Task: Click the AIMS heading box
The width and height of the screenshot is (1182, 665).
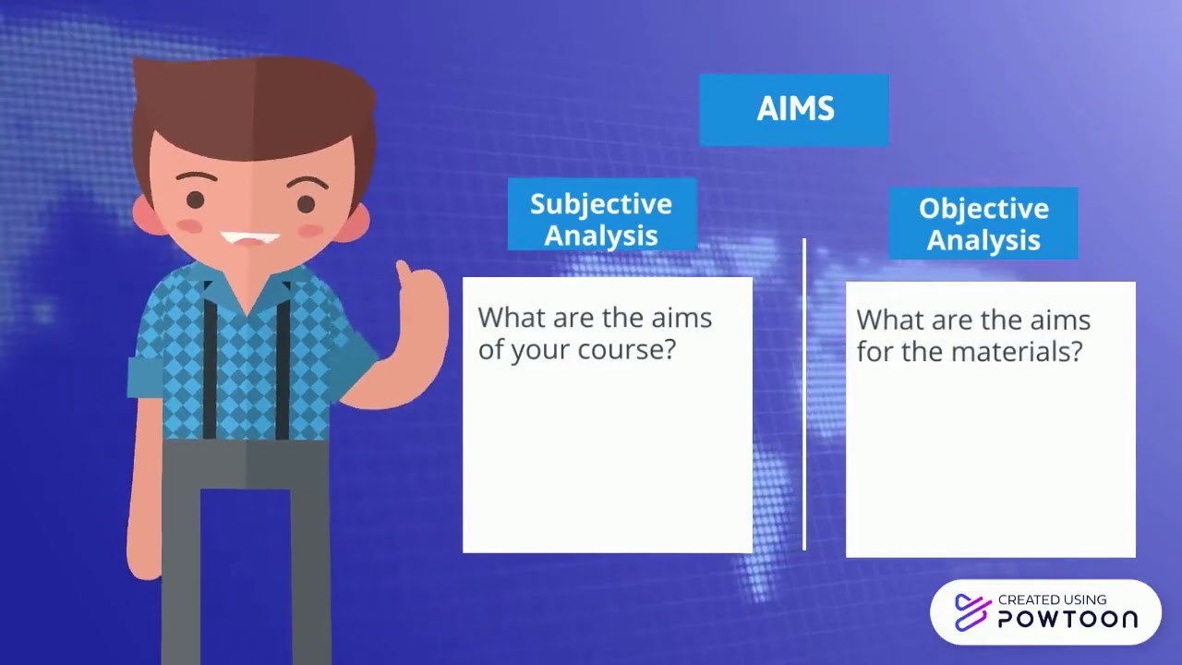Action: [794, 110]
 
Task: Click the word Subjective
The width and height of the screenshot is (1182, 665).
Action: [601, 205]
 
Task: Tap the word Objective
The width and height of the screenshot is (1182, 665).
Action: [983, 210]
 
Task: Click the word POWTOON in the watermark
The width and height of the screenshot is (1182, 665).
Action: [1067, 619]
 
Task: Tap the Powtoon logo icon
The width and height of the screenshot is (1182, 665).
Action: [972, 612]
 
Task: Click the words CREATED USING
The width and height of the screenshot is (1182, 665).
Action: [1052, 599]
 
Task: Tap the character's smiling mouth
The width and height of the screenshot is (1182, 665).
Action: [250, 239]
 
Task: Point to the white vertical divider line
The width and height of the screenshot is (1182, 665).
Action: [804, 394]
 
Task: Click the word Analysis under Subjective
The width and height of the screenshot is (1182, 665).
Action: [601, 236]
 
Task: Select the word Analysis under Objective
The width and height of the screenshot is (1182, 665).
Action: [983, 240]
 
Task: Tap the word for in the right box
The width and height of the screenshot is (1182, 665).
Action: [874, 352]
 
